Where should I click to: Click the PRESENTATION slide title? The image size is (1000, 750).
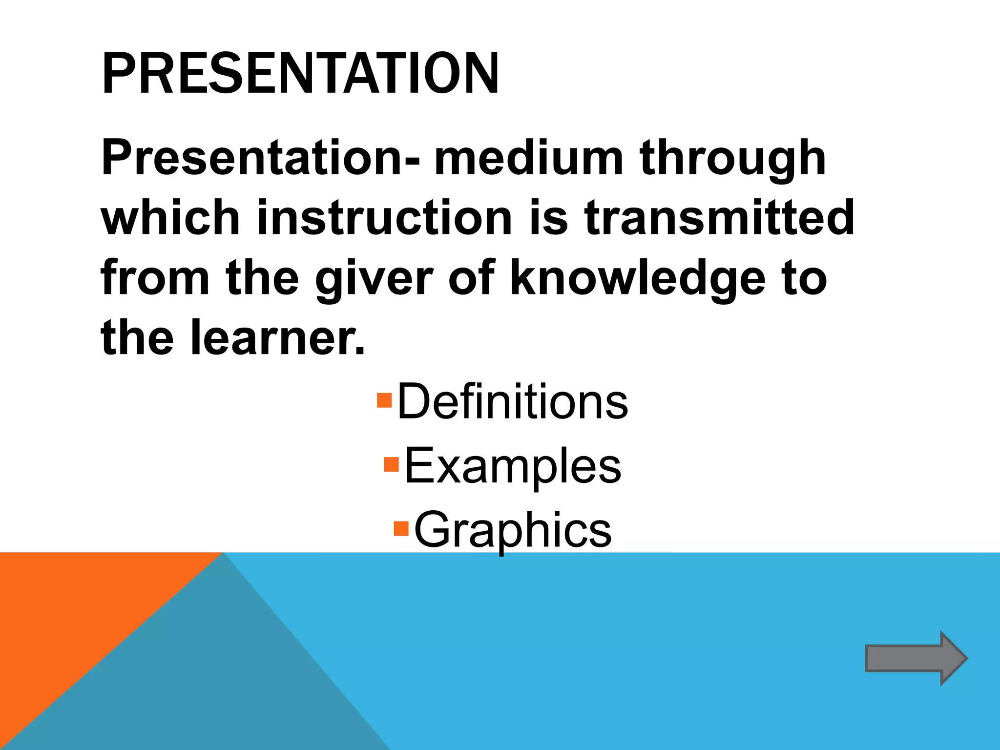300,74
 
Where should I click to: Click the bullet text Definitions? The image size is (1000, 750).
512,402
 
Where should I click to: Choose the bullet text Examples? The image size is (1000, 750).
512,466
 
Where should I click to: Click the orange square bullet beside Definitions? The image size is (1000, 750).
385,400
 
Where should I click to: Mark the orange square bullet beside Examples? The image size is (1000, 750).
392,464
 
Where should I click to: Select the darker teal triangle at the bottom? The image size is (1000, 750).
220,684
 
